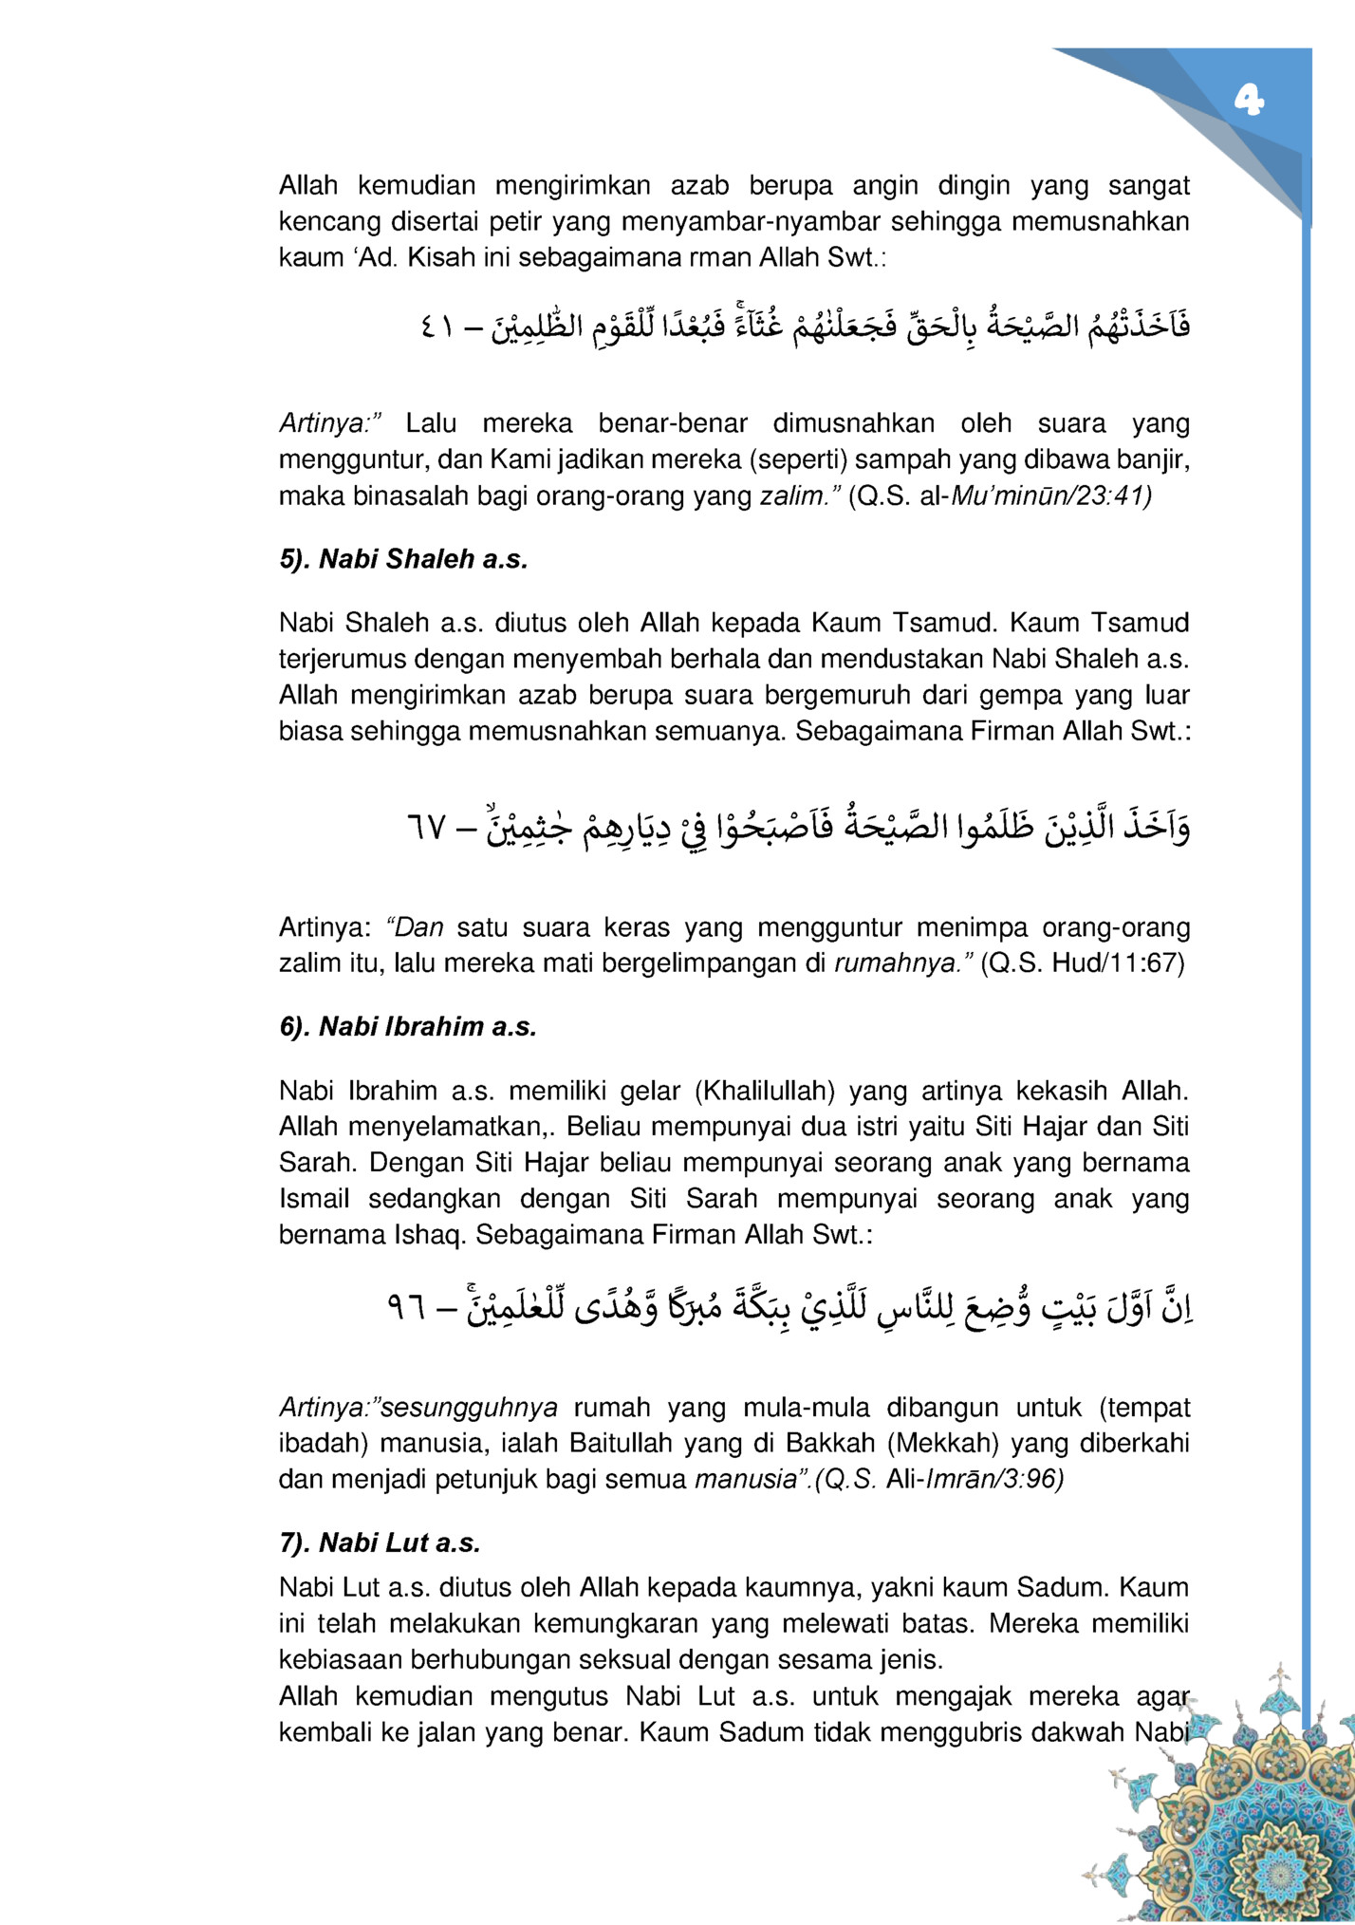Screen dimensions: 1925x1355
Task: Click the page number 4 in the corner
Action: coord(1249,100)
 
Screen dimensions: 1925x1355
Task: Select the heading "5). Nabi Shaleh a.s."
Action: coord(402,559)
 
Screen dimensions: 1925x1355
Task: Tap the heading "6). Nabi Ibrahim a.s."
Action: coord(408,1027)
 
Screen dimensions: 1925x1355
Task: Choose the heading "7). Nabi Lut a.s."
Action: coord(380,1543)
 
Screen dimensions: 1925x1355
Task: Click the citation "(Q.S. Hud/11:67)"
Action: coord(1083,963)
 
